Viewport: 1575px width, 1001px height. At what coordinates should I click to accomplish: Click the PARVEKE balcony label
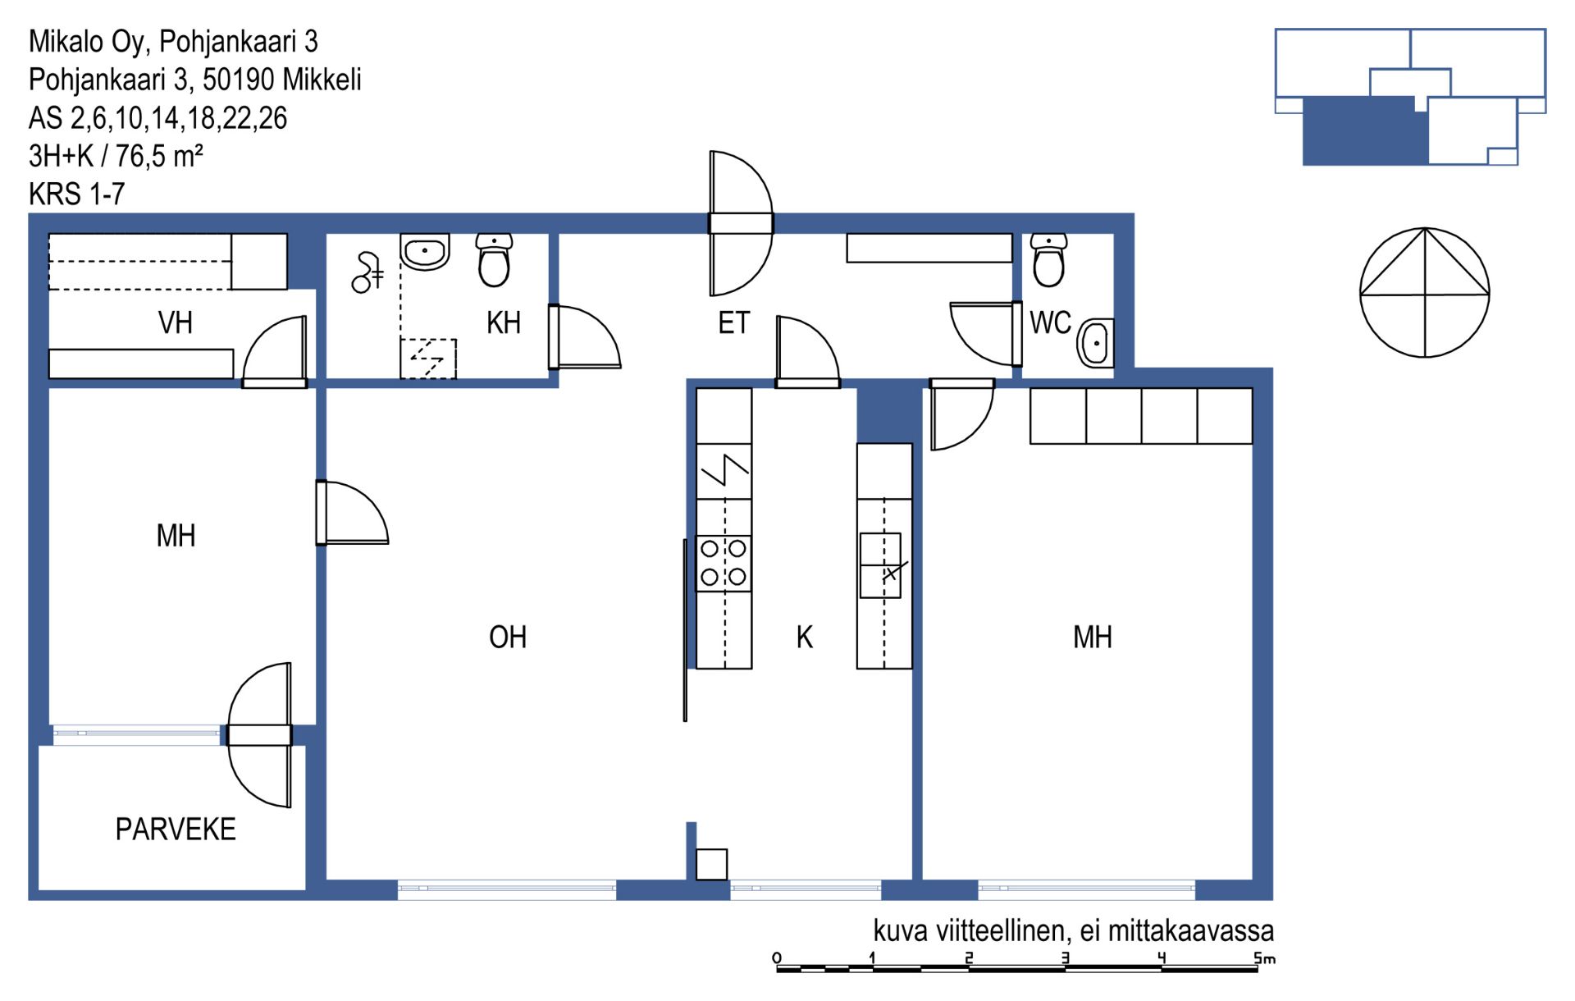pos(176,830)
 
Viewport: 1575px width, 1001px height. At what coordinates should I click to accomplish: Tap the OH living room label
pos(508,638)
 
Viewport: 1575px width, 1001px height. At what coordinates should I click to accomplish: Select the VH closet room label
pos(176,323)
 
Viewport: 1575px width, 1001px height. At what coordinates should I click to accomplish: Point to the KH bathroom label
pos(504,323)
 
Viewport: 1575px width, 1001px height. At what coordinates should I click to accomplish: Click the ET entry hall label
pos(734,323)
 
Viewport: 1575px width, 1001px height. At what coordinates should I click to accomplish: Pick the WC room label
pos(1051,323)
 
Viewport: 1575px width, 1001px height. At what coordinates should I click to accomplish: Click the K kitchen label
pos(805,638)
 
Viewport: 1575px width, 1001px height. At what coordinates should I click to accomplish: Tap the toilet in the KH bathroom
pos(495,259)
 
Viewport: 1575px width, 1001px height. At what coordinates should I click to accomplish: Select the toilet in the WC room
pos(1049,259)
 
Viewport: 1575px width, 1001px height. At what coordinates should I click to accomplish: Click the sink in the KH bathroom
pos(425,251)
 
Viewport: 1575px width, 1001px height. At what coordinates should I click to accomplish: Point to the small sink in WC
pos(1096,344)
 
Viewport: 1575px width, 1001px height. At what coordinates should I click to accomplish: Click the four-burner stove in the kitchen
pos(724,564)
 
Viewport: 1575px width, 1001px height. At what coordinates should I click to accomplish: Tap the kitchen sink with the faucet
pos(881,565)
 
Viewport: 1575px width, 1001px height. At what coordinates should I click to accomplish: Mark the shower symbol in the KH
pos(366,273)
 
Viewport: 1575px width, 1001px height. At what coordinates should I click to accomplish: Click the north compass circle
pos(1425,293)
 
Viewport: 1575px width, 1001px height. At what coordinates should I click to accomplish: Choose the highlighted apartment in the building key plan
pos(1366,131)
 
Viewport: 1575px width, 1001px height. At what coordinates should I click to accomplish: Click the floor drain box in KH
pos(428,359)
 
